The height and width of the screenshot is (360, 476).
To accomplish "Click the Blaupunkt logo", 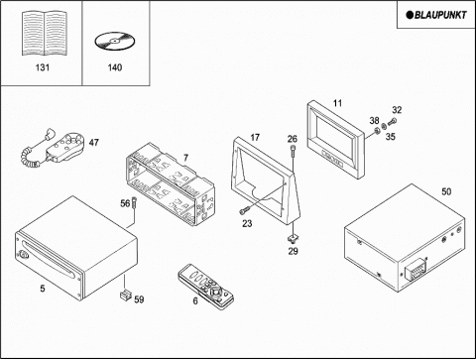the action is click(436, 15).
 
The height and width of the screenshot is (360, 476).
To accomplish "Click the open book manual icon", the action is click(45, 33).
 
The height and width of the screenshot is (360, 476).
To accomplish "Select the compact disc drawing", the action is click(115, 41).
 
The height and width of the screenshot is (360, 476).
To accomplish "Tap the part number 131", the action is click(43, 67).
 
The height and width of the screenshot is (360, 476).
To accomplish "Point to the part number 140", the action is click(115, 67).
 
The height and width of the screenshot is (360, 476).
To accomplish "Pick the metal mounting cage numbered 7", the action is click(171, 184).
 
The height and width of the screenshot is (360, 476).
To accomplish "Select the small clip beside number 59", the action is click(125, 295).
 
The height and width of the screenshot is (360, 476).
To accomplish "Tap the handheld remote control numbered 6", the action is click(205, 287).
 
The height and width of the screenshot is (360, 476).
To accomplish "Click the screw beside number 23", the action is click(244, 209).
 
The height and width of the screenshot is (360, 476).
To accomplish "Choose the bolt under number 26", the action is click(293, 150).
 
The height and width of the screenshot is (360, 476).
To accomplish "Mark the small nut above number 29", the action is click(293, 237).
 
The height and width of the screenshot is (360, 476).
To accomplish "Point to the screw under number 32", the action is click(392, 122).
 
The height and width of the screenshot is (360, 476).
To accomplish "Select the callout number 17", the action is click(255, 137).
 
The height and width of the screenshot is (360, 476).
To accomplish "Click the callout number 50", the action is click(446, 191).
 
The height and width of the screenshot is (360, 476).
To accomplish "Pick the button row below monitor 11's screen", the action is click(332, 159).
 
